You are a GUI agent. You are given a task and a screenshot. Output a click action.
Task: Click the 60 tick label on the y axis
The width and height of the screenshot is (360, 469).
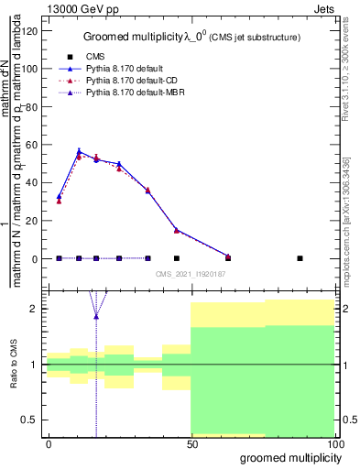click(32, 145)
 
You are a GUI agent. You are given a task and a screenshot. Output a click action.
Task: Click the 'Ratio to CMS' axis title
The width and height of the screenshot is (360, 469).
click(14, 365)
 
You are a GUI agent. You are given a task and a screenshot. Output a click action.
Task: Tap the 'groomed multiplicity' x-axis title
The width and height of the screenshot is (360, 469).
click(288, 457)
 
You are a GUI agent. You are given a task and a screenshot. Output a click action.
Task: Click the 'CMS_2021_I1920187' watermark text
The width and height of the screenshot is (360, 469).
click(191, 273)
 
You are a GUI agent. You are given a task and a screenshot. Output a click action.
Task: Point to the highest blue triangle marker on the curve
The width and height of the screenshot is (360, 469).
click(79, 152)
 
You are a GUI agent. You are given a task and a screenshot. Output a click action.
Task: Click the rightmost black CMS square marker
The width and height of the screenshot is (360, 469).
click(300, 258)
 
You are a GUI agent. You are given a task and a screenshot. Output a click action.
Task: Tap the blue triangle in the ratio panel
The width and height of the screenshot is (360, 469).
click(96, 316)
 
